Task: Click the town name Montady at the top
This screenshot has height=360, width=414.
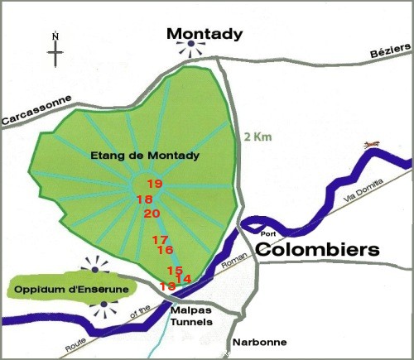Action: click(204, 34)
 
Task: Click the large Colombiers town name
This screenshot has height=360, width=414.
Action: click(315, 250)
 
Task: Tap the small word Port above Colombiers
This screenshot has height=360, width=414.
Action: click(267, 233)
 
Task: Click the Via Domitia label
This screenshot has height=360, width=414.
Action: click(364, 192)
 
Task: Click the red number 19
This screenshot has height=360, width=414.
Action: click(154, 184)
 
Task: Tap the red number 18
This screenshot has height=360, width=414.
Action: click(144, 199)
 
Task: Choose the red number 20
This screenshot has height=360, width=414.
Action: click(152, 214)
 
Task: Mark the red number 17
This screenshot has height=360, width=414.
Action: click(160, 240)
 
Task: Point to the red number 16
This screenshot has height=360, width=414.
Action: click(165, 250)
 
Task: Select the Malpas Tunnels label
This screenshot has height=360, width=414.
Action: click(191, 315)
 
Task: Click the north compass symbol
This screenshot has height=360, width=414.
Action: click(55, 50)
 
